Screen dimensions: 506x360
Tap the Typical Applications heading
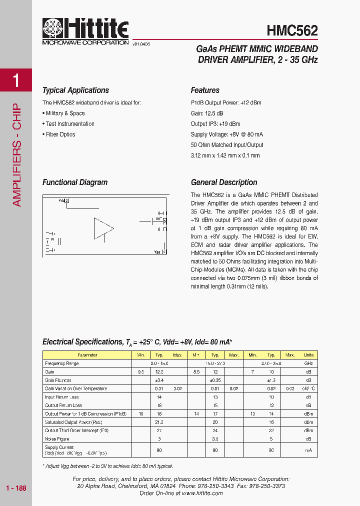(75, 90)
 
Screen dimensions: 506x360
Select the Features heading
(205, 90)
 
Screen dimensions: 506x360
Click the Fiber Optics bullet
(59, 134)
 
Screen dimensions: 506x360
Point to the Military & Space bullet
(63, 113)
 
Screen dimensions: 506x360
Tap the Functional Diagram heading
(75, 182)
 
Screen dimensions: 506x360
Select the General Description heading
(224, 182)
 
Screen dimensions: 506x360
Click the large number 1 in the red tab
(16, 80)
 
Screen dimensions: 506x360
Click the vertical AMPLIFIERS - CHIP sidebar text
(16, 155)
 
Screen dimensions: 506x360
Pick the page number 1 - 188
(16, 488)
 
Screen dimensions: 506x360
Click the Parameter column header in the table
(87, 355)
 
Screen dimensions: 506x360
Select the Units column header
(308, 355)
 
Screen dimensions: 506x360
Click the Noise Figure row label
(57, 438)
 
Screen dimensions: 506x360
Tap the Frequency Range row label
(61, 363)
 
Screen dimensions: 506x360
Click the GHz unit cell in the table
(308, 363)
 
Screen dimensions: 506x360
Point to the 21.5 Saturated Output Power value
(159, 422)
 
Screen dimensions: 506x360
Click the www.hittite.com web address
(202, 493)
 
